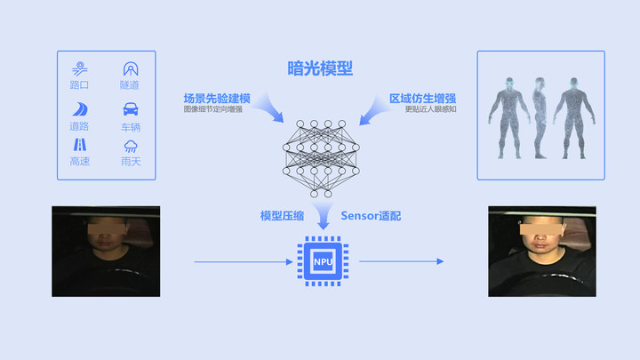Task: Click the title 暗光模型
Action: (320, 68)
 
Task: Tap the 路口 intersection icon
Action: (80, 69)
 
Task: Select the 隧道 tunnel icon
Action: (131, 69)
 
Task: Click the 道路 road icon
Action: (80, 109)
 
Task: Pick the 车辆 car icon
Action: (131, 109)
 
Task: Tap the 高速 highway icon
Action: (80, 145)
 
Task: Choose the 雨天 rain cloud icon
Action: (131, 146)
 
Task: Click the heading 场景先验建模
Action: (217, 99)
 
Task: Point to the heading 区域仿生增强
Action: (422, 99)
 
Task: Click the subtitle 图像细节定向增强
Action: (213, 109)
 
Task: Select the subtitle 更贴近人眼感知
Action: (430, 109)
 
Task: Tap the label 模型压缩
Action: (282, 216)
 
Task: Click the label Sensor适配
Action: (371, 216)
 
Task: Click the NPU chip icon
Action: (323, 261)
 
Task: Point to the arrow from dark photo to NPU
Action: (244, 261)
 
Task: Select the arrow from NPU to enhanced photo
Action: (401, 261)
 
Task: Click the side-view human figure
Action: (540, 118)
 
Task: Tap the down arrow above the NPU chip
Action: (324, 216)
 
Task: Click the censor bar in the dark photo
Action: (107, 227)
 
